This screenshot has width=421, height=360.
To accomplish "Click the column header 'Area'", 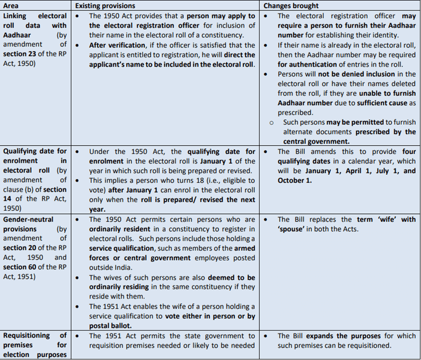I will click(x=12, y=6).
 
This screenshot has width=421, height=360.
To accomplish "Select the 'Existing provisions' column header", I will click(x=105, y=6).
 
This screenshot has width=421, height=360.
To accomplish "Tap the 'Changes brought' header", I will click(x=291, y=6).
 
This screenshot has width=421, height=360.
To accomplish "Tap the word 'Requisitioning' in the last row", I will click(x=27, y=335).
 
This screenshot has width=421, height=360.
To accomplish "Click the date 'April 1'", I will click(x=347, y=171).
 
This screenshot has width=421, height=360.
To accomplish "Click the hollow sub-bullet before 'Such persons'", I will click(x=271, y=122).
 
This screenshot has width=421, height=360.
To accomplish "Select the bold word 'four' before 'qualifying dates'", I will click(x=409, y=151).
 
